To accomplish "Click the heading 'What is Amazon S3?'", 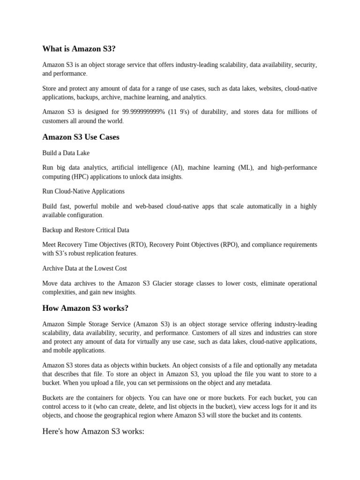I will [x=78, y=49].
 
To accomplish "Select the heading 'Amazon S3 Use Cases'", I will [x=81, y=137].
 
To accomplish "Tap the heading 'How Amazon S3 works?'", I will [x=85, y=308].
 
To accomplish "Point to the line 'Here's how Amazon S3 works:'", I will [x=93, y=431].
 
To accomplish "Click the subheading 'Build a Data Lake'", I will [x=66, y=153].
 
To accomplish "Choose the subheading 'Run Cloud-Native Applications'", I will [x=83, y=191].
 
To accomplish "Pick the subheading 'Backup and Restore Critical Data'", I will [x=86, y=230].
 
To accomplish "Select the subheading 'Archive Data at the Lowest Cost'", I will [x=84, y=269].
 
